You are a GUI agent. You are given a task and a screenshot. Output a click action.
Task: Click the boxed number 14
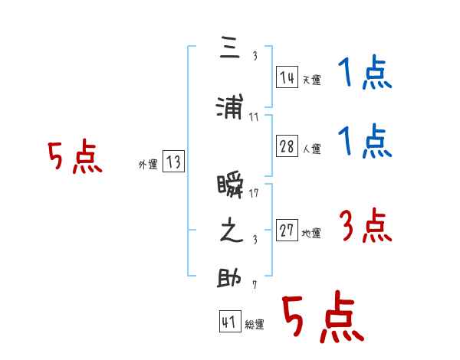(287, 77)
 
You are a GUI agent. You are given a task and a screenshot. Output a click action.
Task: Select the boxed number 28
(287, 147)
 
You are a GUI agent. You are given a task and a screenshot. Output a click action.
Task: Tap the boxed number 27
(287, 231)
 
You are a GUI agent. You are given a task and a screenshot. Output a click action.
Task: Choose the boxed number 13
(173, 162)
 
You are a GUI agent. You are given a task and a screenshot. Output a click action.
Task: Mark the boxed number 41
(229, 322)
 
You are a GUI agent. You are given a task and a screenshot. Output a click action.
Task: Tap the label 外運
(148, 165)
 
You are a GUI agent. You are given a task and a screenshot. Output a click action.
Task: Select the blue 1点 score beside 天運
(365, 74)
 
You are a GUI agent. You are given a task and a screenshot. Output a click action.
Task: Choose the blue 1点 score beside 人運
(365, 142)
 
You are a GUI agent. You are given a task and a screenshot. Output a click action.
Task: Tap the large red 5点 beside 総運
(322, 318)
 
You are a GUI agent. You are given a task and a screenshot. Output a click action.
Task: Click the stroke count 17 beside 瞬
(254, 193)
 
